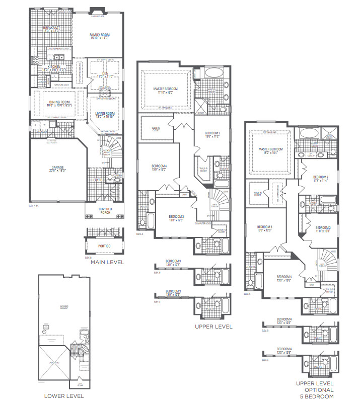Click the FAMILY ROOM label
point(100,35)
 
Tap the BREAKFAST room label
point(51,28)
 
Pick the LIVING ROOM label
point(105,113)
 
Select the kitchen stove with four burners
point(36,61)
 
